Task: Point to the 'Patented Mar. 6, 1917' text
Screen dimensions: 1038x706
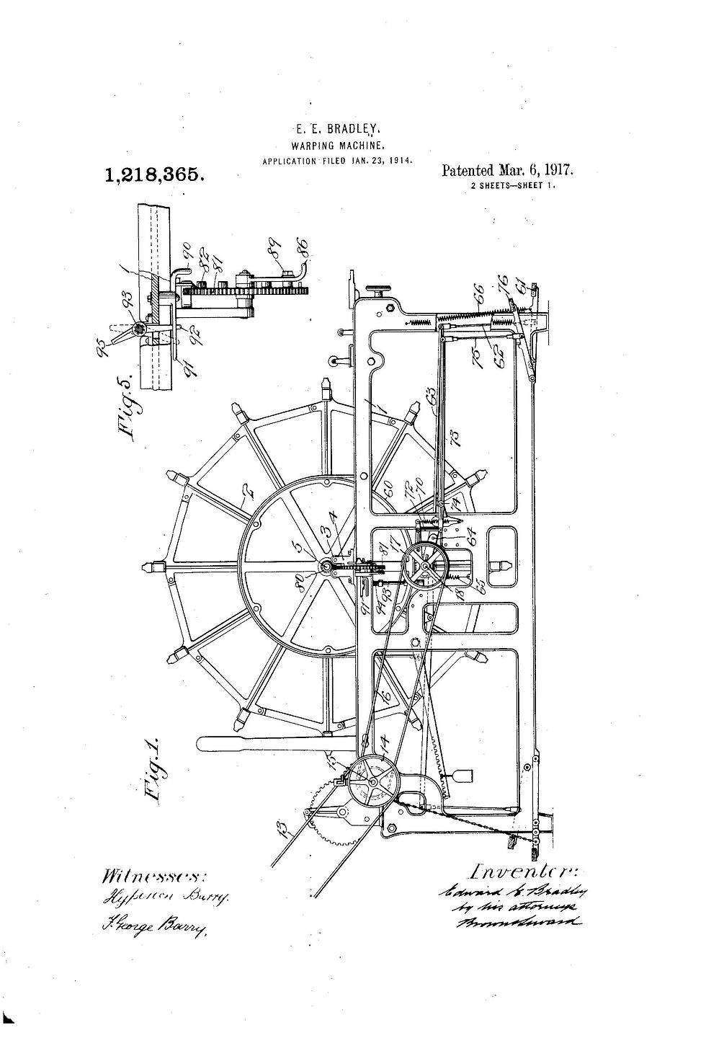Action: tap(506, 172)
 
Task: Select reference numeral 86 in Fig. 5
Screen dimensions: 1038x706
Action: tap(300, 252)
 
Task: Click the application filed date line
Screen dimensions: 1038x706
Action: tap(337, 160)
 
